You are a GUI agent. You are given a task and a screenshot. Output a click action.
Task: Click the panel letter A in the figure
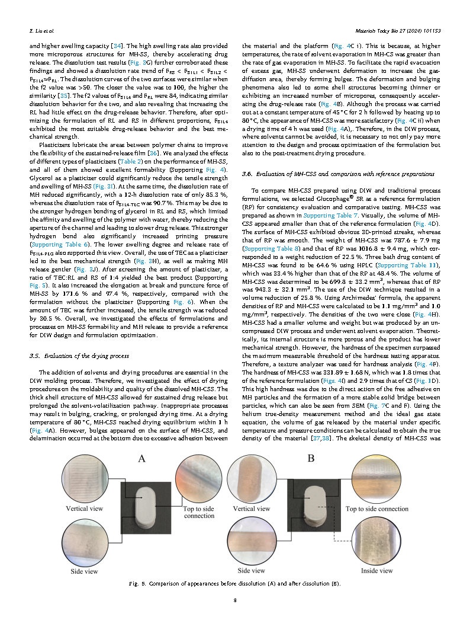(x=142, y=458)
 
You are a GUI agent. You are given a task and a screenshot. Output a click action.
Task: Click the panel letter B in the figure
(x=310, y=458)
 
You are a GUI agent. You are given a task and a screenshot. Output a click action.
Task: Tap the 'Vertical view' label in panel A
(x=85, y=508)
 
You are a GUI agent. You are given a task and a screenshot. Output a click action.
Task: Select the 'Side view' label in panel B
(x=252, y=570)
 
